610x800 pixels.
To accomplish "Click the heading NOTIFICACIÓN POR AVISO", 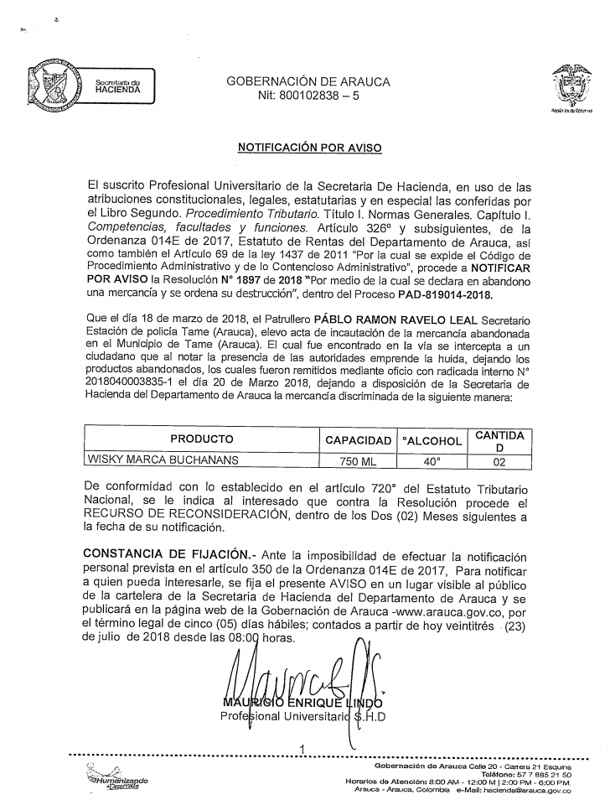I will pos(309,148).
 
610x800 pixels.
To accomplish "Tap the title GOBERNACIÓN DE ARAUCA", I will pos(308,82).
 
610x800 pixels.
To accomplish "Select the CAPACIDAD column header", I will pos(358,440).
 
